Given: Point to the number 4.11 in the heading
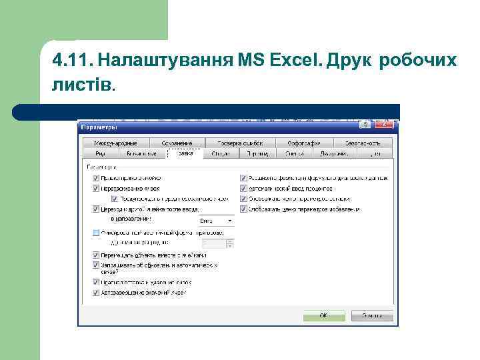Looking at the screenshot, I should pos(71,61).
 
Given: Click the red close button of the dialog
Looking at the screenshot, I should pos(385,125).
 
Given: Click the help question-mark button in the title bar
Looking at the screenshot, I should pos(365,125).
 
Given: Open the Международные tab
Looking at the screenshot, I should pos(115,143).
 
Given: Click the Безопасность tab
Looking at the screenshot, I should pos(363,143).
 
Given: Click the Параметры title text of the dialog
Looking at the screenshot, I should pos(99,127).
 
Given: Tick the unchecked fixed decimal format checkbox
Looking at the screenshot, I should pos(97,233).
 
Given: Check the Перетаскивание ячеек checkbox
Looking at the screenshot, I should pos(97,189).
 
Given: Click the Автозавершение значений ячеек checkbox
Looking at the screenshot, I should pos(97,292).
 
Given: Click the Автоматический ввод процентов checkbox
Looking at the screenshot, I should pos(243,189).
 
